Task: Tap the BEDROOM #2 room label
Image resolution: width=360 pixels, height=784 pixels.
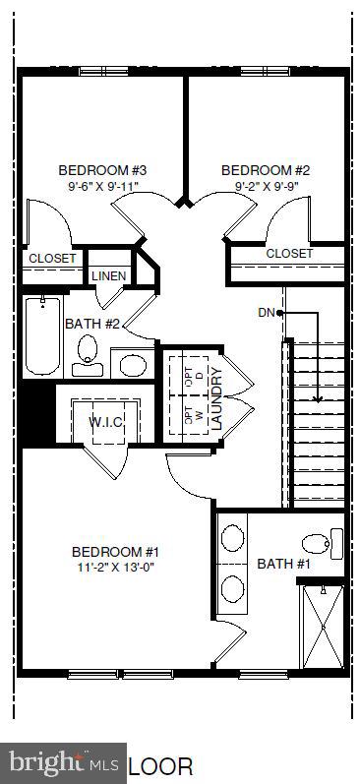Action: (x=259, y=168)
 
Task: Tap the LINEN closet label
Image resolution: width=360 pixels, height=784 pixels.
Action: (x=108, y=276)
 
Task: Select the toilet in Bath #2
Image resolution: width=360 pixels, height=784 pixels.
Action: (x=88, y=352)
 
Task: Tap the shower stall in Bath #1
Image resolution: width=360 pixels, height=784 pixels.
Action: (x=323, y=626)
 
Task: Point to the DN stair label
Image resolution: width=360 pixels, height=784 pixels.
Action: (x=266, y=313)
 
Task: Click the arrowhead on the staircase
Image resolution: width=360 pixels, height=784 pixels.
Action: (x=318, y=398)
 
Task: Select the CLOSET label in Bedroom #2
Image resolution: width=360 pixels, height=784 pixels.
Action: (x=289, y=254)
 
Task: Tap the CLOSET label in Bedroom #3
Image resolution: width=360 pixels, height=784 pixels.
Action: (x=52, y=259)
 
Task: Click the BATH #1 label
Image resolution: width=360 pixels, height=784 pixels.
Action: (x=283, y=564)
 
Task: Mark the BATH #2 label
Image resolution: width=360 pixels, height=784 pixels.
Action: (x=91, y=323)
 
